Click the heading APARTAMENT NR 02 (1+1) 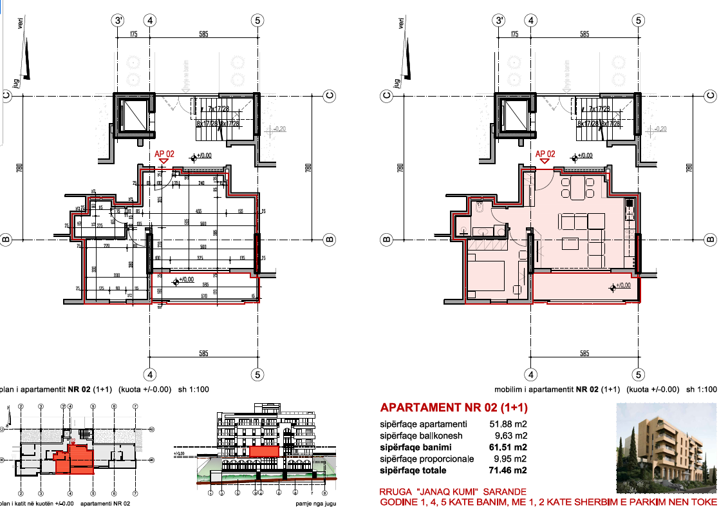(x=454, y=408)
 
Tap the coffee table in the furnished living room (x=570, y=243)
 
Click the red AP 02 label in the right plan (x=545, y=154)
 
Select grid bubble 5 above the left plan (x=257, y=20)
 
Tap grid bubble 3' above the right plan (x=500, y=20)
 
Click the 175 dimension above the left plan (x=134, y=34)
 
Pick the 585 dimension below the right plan (x=584, y=354)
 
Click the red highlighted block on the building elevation (x=264, y=451)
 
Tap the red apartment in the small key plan (x=76, y=459)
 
